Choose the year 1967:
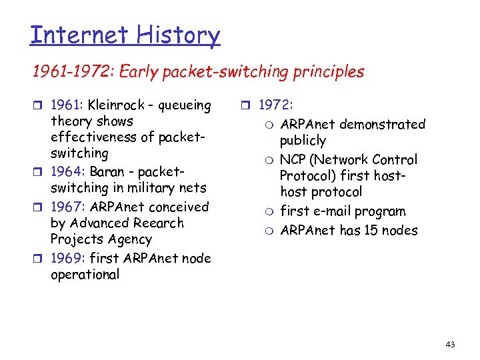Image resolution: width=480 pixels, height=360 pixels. (68, 207)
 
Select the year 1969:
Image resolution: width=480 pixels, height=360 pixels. (68, 258)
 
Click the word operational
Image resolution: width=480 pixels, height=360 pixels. (85, 275)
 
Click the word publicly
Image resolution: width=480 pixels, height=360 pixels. (303, 141)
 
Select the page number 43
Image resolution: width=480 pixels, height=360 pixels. (450, 345)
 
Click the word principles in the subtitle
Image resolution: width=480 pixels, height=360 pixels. (326, 72)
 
